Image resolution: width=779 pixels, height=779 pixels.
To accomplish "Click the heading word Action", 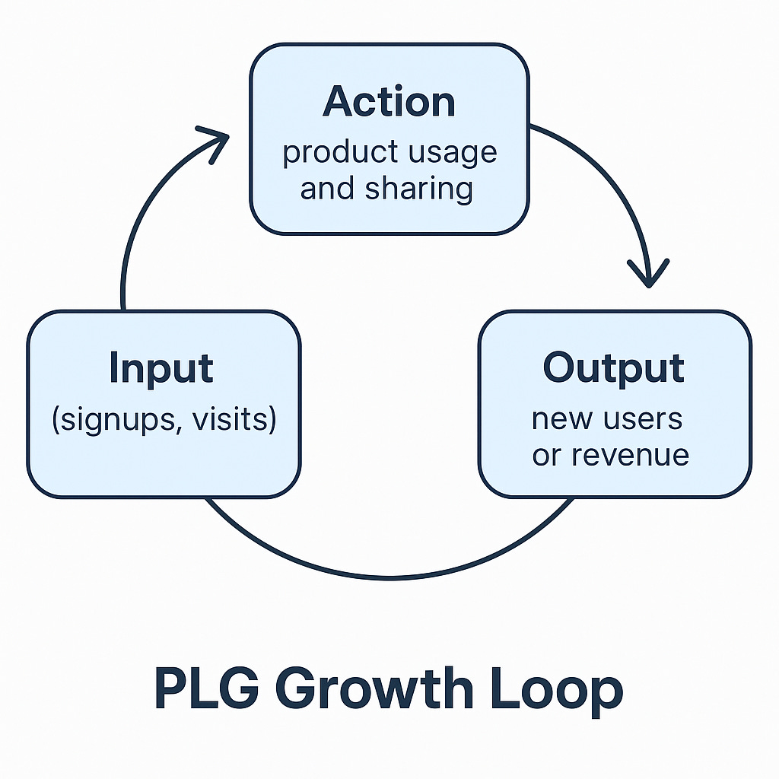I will pyautogui.click(x=389, y=102).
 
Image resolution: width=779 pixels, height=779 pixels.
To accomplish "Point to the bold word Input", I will pyautogui.click(x=161, y=368).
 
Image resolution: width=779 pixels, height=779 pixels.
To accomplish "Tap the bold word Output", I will pyautogui.click(x=613, y=368).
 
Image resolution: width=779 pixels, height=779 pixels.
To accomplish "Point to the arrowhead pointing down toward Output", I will pyautogui.click(x=647, y=275).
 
